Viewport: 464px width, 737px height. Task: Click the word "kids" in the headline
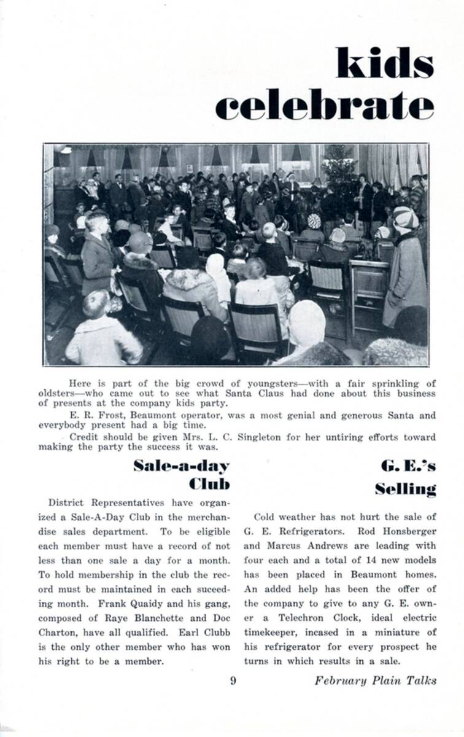[x=385, y=62]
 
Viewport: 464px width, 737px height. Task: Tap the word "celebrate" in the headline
[x=325, y=106]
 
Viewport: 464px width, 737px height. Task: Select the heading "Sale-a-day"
[x=182, y=466]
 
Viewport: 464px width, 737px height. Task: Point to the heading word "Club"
[x=210, y=484]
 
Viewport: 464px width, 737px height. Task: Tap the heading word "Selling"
[x=406, y=489]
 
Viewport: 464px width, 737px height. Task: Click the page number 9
[x=233, y=680]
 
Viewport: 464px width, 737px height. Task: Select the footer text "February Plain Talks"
[x=376, y=680]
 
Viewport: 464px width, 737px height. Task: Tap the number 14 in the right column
[x=355, y=560]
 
